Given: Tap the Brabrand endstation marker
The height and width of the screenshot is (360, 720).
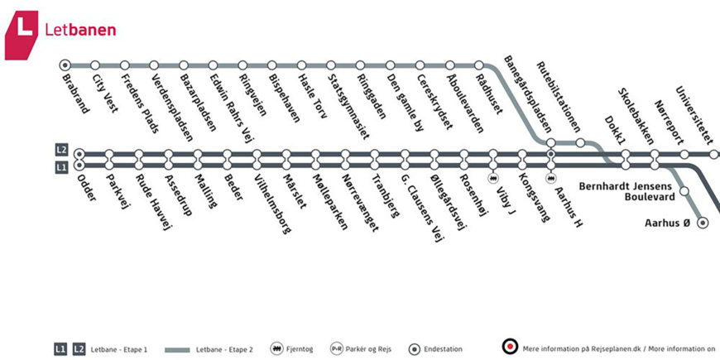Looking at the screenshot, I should click(x=65, y=65).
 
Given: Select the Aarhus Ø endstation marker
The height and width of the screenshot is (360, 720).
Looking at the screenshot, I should click(x=703, y=222).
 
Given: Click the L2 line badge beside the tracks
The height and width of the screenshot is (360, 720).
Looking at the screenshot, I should click(x=61, y=150).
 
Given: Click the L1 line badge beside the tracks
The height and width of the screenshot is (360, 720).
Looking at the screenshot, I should click(x=61, y=168).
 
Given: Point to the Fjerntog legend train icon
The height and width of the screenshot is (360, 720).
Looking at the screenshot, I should click(x=276, y=349).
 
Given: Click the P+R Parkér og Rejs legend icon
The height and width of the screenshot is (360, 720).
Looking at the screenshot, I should click(x=337, y=349).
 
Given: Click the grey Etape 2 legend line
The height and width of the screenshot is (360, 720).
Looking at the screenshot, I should click(x=178, y=349).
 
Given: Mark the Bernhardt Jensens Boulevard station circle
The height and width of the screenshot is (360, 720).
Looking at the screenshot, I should click(x=684, y=192).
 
